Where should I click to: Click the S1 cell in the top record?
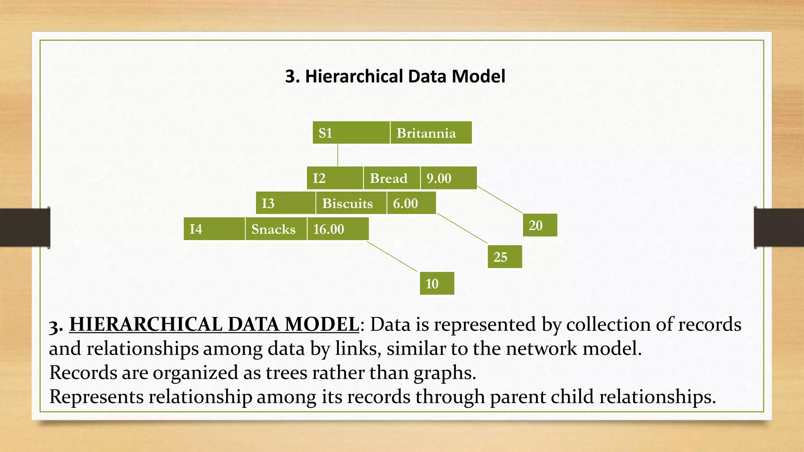pyautogui.click(x=351, y=133)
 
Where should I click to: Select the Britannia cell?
pyautogui.click(x=431, y=133)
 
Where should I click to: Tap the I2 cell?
pyautogui.click(x=335, y=178)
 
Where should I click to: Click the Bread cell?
pyautogui.click(x=391, y=178)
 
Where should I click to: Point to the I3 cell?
pyautogui.click(x=285, y=203)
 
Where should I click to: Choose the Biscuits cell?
pyautogui.click(x=351, y=203)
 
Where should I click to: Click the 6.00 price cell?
pyautogui.click(x=411, y=203)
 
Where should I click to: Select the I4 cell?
pyautogui.click(x=214, y=229)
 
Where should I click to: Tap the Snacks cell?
pyautogui.click(x=276, y=229)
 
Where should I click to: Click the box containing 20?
pyautogui.click(x=540, y=225)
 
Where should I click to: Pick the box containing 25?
pyautogui.click(x=505, y=257)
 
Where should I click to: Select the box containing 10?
pyautogui.click(x=437, y=283)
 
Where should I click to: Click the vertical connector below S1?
pyautogui.click(x=338, y=155)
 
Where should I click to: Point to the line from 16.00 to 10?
pyautogui.click(x=392, y=256)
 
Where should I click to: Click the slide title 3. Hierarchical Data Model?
pyautogui.click(x=395, y=76)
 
